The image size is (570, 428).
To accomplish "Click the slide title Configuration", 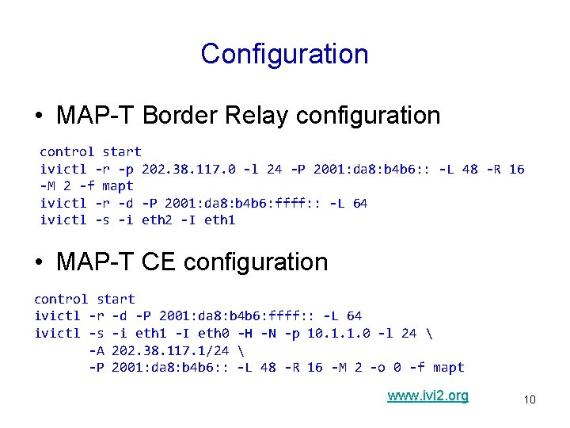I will (x=284, y=54).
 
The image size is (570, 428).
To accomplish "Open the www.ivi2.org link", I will (x=427, y=396).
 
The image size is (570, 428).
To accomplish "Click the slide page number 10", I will (x=529, y=399).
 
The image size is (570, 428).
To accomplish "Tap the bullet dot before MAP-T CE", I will (x=38, y=263).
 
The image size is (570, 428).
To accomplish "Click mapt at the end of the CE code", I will (x=448, y=368).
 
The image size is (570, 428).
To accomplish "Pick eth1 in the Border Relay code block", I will (x=219, y=220).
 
